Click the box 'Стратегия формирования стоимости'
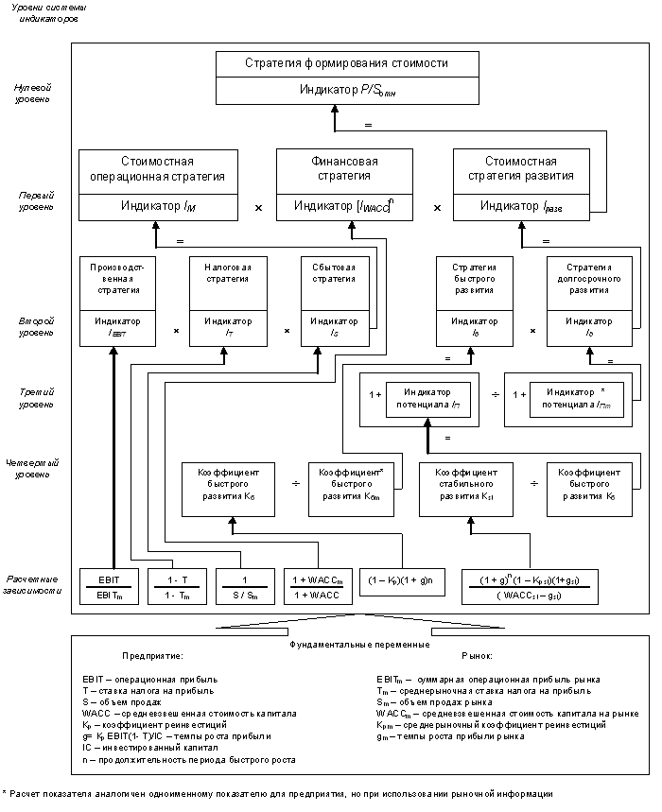(333, 65)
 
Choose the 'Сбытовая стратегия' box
(333, 272)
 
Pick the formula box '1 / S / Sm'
(245, 586)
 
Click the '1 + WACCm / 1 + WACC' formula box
(316, 586)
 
